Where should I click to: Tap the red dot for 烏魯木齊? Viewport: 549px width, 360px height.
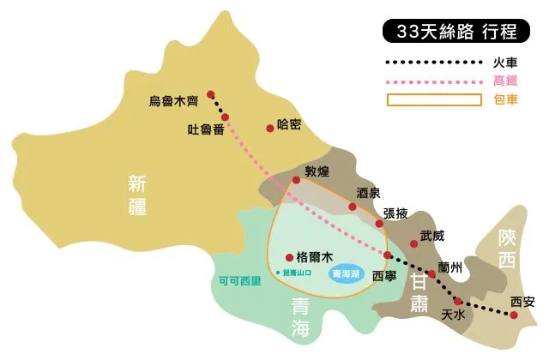tap(211, 95)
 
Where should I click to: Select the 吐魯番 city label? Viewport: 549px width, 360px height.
tap(206, 130)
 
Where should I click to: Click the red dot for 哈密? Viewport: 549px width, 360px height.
tap(270, 128)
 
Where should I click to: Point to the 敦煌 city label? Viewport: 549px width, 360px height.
tap(317, 171)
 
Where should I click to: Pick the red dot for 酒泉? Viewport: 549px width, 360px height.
tap(353, 207)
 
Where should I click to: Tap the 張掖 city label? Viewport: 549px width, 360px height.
tap(395, 213)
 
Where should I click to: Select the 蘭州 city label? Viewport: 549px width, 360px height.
tap(449, 267)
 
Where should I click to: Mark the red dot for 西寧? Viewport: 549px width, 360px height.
tap(388, 255)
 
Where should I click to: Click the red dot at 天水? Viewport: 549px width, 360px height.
tap(458, 301)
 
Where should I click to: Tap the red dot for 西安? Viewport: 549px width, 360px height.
tap(514, 315)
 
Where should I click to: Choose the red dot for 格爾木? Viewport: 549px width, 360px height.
tap(288, 256)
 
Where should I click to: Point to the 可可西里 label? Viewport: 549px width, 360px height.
tap(239, 280)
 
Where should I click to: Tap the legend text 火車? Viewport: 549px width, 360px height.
tap(504, 62)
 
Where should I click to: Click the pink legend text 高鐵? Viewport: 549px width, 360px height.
tap(504, 81)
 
